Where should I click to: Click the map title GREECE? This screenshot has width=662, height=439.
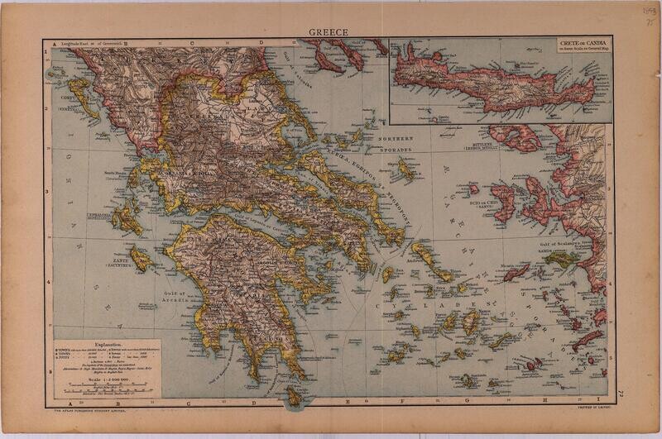tap(329, 32)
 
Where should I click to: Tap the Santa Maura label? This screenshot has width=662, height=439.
tap(117, 174)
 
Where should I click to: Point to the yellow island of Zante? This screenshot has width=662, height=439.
tap(141, 260)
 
